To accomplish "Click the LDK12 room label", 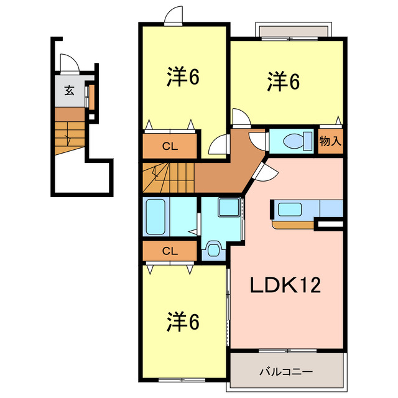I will [285, 285].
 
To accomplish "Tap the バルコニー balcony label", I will [285, 371].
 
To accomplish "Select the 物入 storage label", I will [330, 141].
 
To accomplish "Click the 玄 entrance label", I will [69, 91].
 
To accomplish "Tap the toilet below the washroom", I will [214, 250].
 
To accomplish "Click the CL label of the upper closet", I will [169, 147].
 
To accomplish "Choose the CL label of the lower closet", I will [169, 251].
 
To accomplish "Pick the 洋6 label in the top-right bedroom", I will [284, 81].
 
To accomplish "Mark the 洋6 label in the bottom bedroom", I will [182, 322].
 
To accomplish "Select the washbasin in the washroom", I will [229, 208].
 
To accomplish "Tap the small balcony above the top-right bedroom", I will [293, 31].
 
